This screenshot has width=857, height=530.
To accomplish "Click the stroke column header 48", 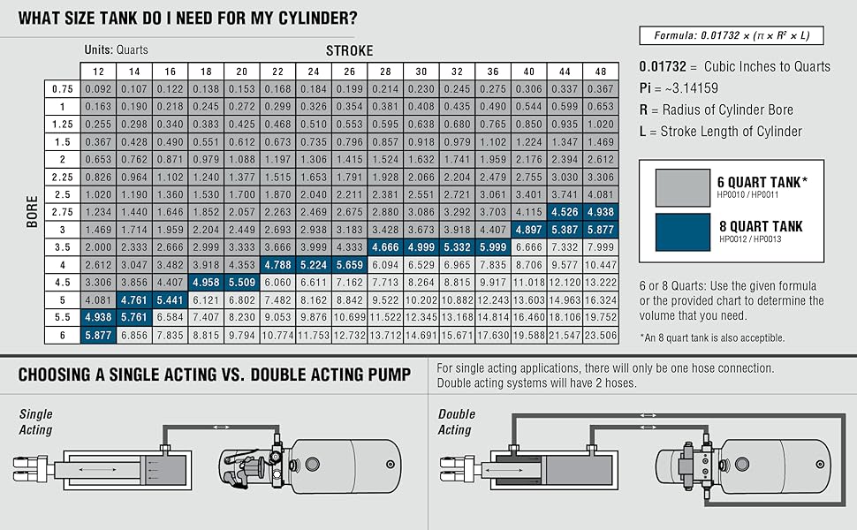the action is tap(600, 71).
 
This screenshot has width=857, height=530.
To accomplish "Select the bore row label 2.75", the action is tap(62, 212).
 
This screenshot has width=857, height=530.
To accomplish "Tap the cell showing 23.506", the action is tap(600, 335).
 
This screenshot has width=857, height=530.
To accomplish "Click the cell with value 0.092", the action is tap(98, 89).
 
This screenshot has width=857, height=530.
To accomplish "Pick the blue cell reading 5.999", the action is tap(492, 247).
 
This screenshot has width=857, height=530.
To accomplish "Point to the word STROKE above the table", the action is tap(349, 50).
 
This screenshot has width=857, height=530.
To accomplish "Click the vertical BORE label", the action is tap(32, 212).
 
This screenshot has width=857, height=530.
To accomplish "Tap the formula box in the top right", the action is tap(732, 36).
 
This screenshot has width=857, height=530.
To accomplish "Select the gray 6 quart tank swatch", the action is tap(682, 187).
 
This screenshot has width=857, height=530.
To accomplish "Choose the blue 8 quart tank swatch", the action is tap(682, 231).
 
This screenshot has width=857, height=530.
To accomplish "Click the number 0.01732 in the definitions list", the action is tap(662, 67).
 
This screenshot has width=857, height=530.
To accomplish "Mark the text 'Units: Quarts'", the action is tap(117, 50).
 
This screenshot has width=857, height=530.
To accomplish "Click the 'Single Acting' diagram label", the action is tap(35, 422).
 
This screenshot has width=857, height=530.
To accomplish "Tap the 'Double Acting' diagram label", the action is tap(456, 422).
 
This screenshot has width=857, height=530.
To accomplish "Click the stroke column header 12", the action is tap(98, 71).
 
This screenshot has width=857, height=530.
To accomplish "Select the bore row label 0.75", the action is tap(62, 89).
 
